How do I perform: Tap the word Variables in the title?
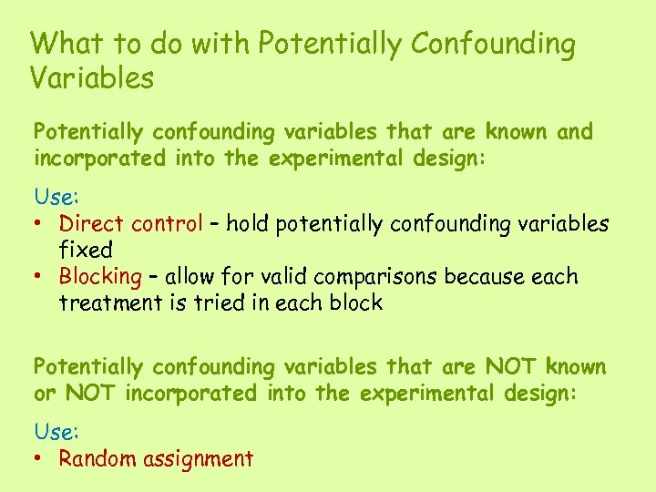[x=92, y=78]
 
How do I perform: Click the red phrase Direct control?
[x=130, y=223]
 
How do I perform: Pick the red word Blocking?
[x=100, y=276]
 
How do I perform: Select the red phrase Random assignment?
[x=156, y=458]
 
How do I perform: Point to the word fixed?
[x=86, y=250]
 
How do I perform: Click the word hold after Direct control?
[x=249, y=223]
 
